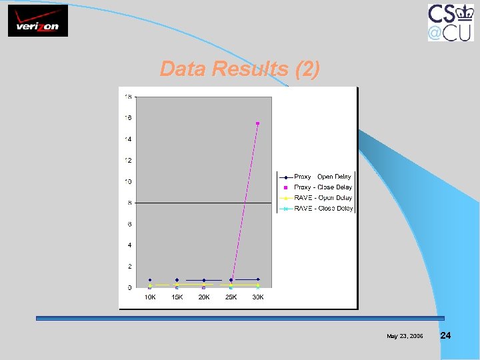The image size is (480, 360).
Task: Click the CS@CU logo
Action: tap(451, 22)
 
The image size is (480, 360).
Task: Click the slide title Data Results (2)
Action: tap(240, 69)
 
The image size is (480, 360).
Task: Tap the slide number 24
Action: tap(446, 335)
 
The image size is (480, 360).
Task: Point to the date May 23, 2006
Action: tap(405, 336)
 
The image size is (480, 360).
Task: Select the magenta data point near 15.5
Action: tap(257, 123)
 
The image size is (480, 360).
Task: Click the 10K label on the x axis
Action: tap(150, 297)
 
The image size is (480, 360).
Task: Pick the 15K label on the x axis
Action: tap(177, 297)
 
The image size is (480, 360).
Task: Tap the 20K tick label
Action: tap(204, 297)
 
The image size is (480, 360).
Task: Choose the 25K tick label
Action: tap(231, 297)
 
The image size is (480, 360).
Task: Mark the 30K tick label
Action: tap(258, 297)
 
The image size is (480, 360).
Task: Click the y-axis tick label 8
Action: tap(129, 203)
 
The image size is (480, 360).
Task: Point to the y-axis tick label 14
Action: tap(127, 139)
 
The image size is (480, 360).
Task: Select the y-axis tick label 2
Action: tap(129, 267)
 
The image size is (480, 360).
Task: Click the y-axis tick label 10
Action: tap(127, 181)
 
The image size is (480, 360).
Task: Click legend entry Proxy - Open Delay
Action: tap(315, 177)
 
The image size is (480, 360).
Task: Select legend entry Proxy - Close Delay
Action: tap(315, 187)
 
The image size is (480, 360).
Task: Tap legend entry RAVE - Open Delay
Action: tap(315, 198)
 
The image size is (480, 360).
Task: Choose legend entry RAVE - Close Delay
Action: tap(315, 209)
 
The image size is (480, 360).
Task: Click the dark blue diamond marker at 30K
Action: tap(258, 279)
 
